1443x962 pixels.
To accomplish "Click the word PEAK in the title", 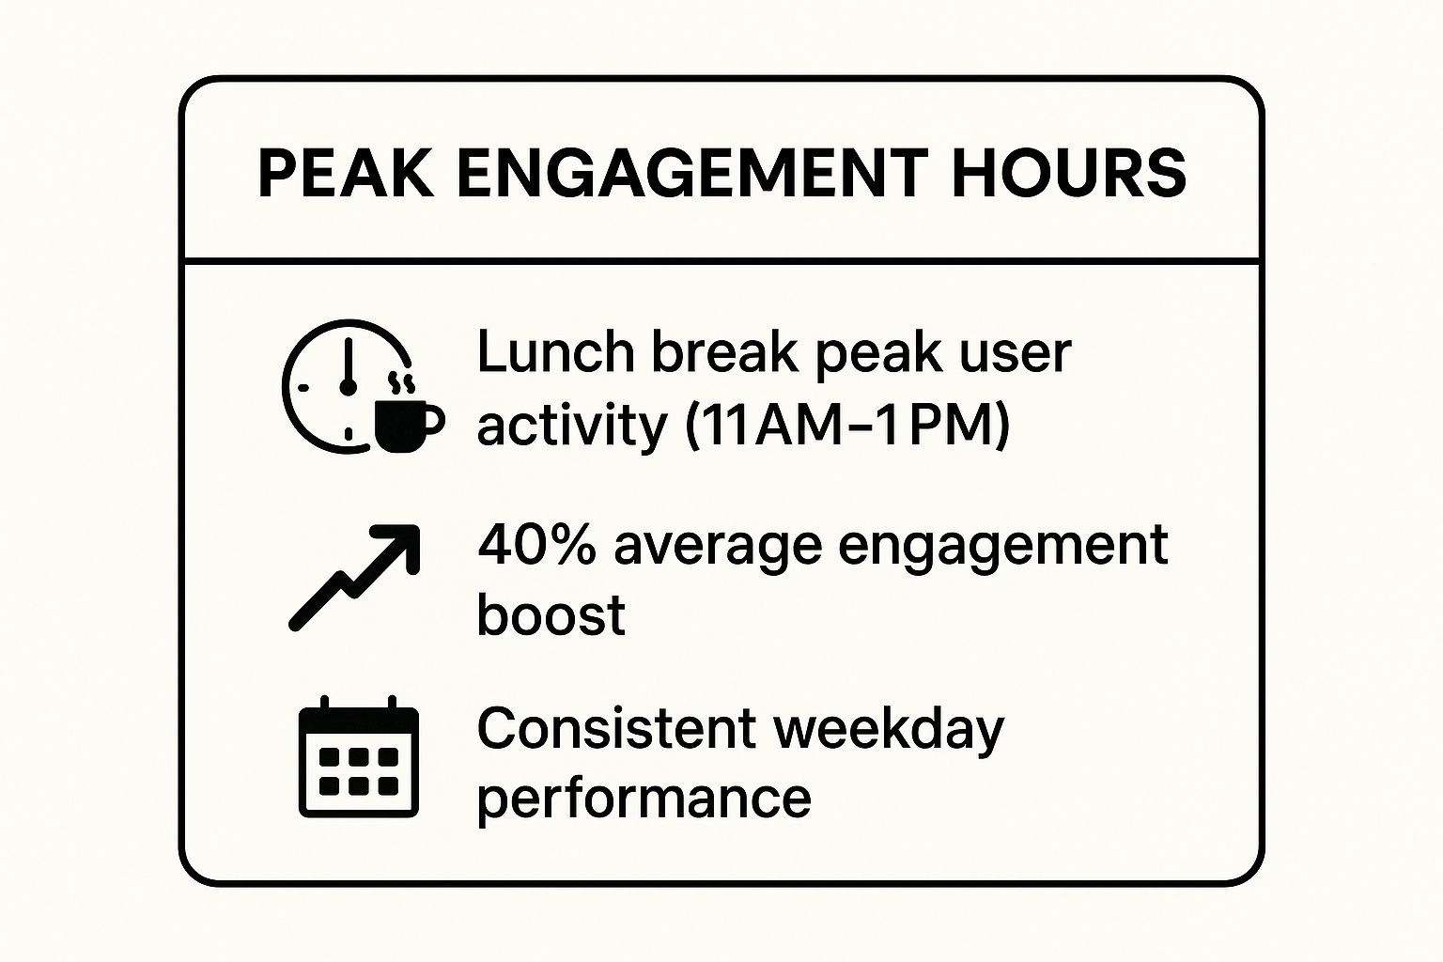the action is pos(346,173).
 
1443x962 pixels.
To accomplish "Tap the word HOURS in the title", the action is pos(1069,173).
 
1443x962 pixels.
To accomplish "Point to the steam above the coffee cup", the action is pos(401,382).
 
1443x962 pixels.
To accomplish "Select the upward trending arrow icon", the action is pos(354,578).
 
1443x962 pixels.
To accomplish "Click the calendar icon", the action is pos(359,756).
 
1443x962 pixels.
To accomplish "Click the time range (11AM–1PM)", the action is pos(847,427).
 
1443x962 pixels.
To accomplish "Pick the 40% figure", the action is pos(536,545).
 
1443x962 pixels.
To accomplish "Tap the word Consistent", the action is pos(616,728).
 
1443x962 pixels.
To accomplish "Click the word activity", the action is pos(572,427).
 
